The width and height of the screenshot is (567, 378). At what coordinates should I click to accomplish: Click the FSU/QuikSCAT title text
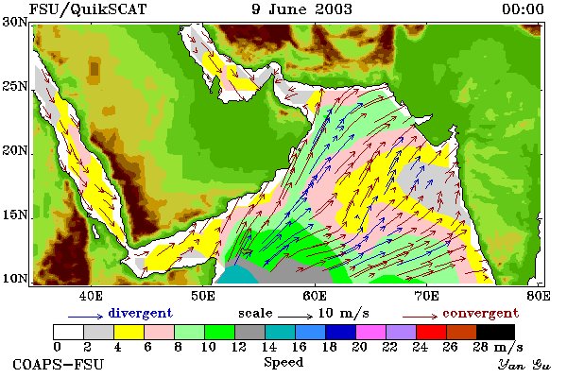point(88,9)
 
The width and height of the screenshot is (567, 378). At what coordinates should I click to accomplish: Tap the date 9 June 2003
point(302,9)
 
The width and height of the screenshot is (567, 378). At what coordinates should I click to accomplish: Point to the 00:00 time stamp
point(523,9)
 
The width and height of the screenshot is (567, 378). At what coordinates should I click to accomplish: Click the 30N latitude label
point(14,22)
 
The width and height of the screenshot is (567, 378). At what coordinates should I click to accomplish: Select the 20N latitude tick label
point(14,150)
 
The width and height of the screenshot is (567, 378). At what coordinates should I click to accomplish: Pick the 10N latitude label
point(14,279)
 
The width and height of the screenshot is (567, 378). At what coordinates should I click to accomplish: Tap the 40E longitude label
point(91,296)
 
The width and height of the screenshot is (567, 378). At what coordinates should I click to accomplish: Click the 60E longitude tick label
point(315,296)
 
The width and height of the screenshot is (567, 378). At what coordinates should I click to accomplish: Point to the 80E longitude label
point(539,296)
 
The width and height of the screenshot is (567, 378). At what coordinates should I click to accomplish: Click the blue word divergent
point(140,313)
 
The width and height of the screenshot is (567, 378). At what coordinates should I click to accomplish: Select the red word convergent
point(481,313)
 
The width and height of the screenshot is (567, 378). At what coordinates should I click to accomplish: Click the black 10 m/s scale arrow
point(295,317)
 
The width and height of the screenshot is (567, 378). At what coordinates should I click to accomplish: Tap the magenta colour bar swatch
point(371,332)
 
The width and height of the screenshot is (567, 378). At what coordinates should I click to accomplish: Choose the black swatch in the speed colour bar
point(495,332)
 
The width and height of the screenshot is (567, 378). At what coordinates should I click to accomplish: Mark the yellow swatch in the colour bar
point(129,332)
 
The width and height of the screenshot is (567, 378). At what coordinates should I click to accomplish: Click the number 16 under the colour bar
point(299,347)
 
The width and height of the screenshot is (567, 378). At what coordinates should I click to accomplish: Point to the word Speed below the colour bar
point(283,363)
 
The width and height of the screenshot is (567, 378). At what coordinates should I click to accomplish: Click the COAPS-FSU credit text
point(59,364)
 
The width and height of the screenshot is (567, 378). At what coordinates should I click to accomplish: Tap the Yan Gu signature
point(524,365)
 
